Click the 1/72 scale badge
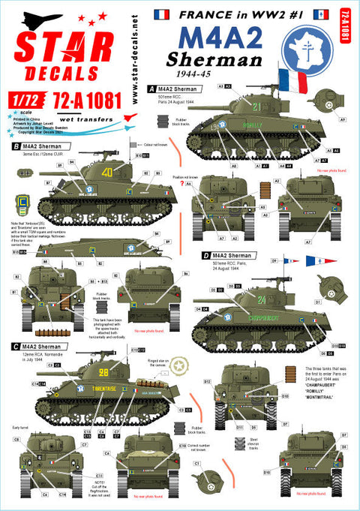click(19, 101)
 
